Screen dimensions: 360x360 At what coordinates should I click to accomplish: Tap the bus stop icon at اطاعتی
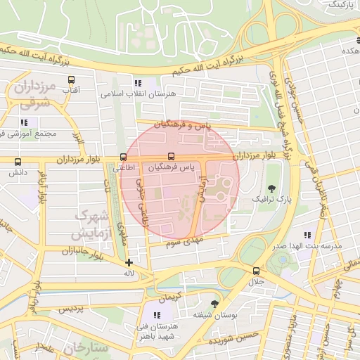pyautogui.click(x=124, y=157)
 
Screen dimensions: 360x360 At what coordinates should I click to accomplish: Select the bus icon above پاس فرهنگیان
pyautogui.click(x=170, y=157)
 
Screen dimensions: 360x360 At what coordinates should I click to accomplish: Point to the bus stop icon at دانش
pyautogui.click(x=16, y=160)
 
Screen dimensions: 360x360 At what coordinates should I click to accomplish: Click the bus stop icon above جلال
pyautogui.click(x=255, y=271)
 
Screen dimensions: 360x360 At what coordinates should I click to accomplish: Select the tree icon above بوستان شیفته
pyautogui.click(x=214, y=304)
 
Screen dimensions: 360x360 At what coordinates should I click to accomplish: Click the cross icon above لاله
pyautogui.click(x=128, y=263)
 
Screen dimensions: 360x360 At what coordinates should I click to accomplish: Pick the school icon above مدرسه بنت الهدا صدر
pyautogui.click(x=307, y=235)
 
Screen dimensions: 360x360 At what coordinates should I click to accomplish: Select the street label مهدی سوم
pyautogui.click(x=185, y=243)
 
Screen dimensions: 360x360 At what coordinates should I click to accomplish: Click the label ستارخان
pyautogui.click(x=85, y=348)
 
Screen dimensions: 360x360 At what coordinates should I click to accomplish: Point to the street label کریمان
pyautogui.click(x=169, y=298)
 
